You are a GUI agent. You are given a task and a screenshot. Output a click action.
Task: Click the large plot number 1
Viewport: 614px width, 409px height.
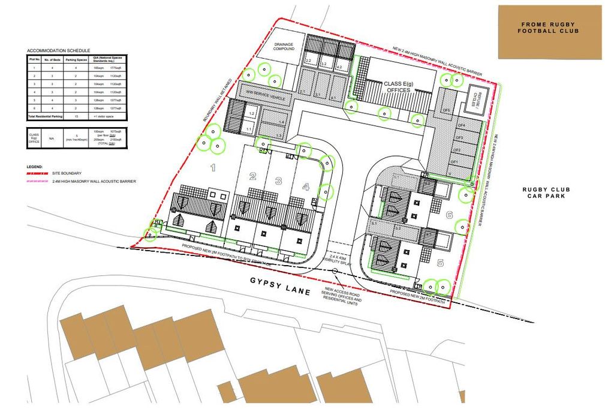click(x=212, y=168)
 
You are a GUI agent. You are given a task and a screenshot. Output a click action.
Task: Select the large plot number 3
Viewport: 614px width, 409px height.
click(x=278, y=181)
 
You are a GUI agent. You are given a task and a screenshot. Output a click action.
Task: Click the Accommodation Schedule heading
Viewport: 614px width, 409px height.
click(x=58, y=50)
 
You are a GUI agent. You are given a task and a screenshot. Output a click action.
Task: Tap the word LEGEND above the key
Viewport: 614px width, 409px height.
click(x=34, y=166)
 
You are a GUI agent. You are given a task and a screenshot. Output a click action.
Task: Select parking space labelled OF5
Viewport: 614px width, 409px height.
click(x=446, y=110)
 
